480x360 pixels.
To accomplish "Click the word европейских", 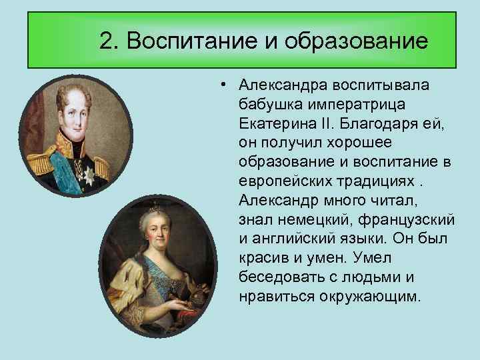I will (285, 181).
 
